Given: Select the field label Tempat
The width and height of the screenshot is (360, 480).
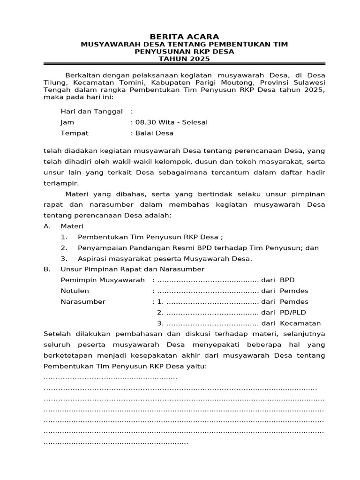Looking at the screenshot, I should point(75,133).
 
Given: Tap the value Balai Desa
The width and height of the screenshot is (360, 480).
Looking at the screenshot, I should point(154,133).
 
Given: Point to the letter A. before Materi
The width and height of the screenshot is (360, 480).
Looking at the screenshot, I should point(46,226).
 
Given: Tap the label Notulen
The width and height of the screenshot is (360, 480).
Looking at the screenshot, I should point(75,291).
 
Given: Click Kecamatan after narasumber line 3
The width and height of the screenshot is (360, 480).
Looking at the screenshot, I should point(300,323).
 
